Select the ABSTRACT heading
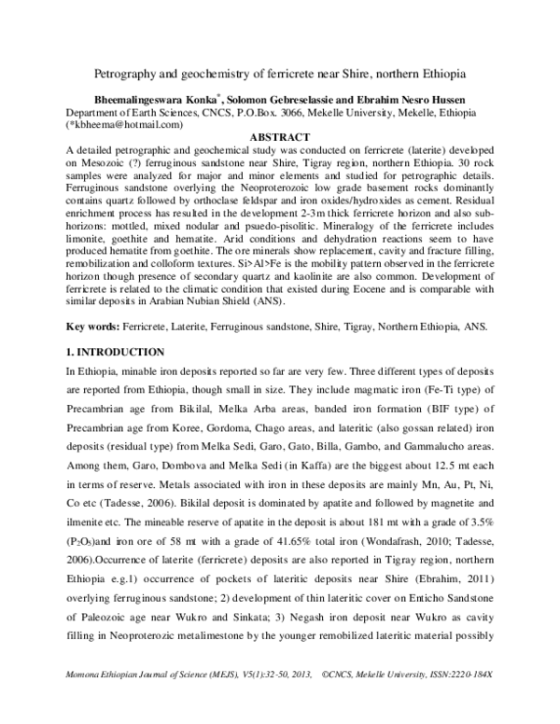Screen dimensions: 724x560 click(280, 136)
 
